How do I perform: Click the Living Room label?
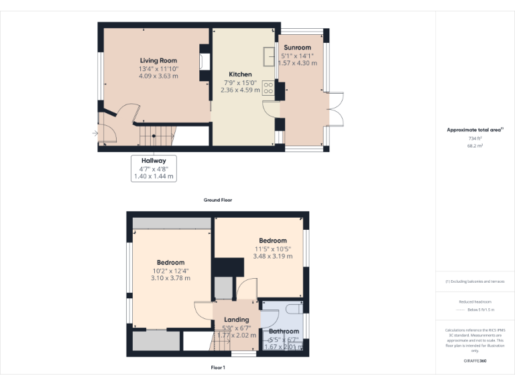pyautogui.click(x=158, y=60)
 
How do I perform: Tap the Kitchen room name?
pyautogui.click(x=240, y=74)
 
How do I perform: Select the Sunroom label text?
pyautogui.click(x=297, y=48)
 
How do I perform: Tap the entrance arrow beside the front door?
pyautogui.click(x=95, y=133)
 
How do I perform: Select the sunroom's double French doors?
pyautogui.click(x=335, y=117)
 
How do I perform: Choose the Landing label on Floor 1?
pyautogui.click(x=237, y=320)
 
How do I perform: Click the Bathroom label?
pyautogui.click(x=284, y=331)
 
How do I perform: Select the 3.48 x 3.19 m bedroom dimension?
pyautogui.click(x=273, y=256)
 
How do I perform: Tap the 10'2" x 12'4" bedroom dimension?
pyautogui.click(x=170, y=271)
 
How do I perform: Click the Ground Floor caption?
pyautogui.click(x=218, y=200)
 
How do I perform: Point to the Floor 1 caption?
pyautogui.click(x=218, y=367)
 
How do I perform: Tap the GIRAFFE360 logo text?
pyautogui.click(x=475, y=361)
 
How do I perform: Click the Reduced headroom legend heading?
pyautogui.click(x=475, y=302)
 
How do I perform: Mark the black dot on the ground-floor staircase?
pyautogui.click(x=154, y=136)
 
